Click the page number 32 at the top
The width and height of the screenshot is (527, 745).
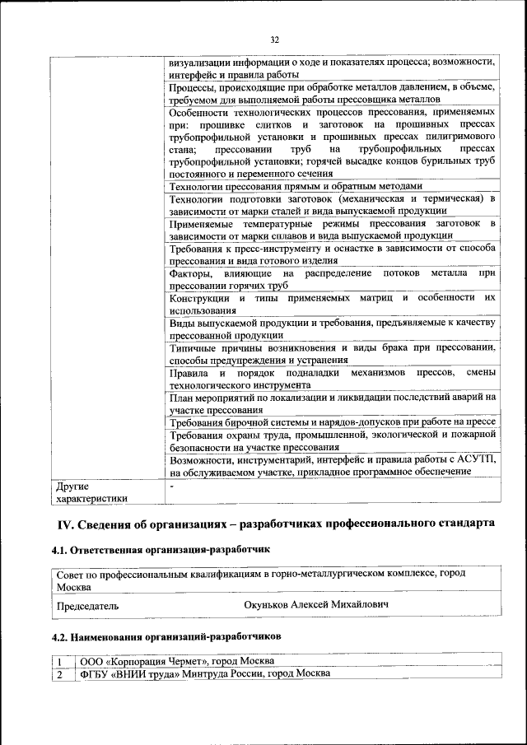pyautogui.click(x=274, y=38)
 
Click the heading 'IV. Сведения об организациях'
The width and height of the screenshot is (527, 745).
pyautogui.click(x=275, y=524)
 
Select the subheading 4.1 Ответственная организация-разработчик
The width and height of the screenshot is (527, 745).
pyautogui.click(x=162, y=549)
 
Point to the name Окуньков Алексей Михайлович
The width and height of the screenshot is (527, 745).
pyautogui.click(x=317, y=605)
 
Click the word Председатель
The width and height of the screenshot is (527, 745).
pyautogui.click(x=87, y=606)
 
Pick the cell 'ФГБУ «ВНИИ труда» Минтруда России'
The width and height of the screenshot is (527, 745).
pyautogui.click(x=205, y=673)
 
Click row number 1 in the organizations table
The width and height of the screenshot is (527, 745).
pyautogui.click(x=60, y=661)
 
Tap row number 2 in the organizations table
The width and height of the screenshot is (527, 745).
pyautogui.click(x=60, y=673)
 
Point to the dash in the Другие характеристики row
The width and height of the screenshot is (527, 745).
pyautogui.click(x=170, y=487)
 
